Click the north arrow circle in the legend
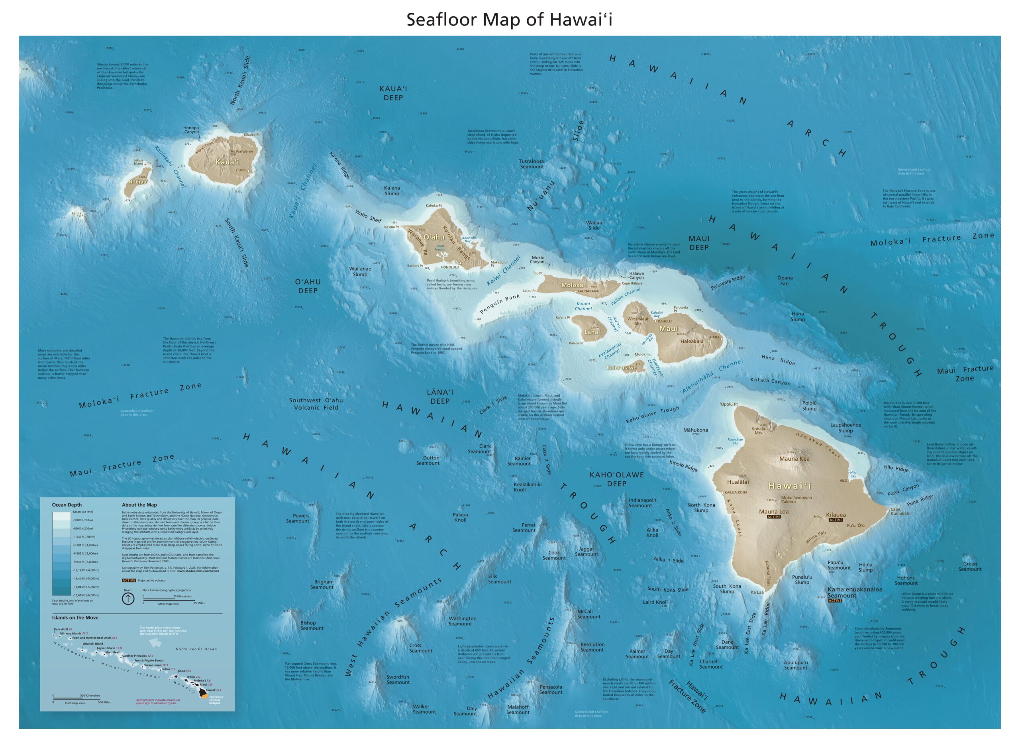129,599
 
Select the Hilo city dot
849,481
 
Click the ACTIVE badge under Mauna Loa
773,516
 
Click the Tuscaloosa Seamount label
532,163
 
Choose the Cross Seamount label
421,648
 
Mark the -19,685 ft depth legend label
86,595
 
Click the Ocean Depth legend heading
67,505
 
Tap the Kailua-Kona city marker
722,492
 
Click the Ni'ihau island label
137,182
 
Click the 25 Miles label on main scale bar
199,603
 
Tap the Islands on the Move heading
75,618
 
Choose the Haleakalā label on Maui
692,342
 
